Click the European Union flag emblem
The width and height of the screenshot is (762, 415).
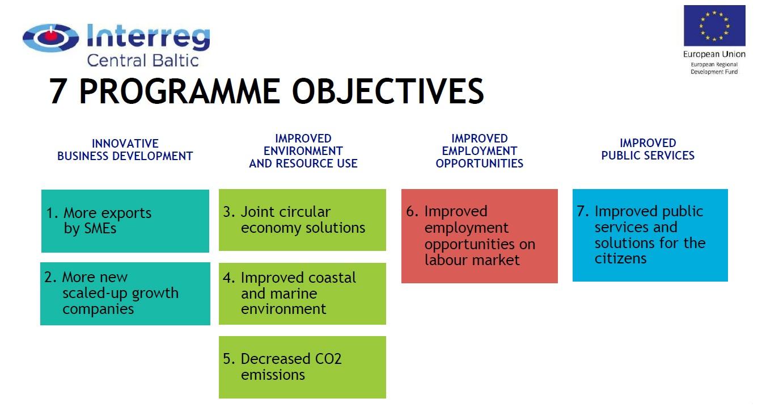pos(714,26)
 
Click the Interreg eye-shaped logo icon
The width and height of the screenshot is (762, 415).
pos(51,38)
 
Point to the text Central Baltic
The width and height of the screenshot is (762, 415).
pos(142,61)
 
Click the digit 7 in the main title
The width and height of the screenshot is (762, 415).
pos(57,91)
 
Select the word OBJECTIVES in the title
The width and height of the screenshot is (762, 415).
pos(387,91)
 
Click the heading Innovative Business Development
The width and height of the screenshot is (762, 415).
pos(125,150)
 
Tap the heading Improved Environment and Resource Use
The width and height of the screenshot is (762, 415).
pos(303,151)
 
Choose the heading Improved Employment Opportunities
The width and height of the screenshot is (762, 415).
pos(479,151)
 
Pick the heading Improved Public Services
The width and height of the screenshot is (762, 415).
pos(647,149)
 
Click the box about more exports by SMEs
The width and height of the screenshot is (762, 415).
pos(125,221)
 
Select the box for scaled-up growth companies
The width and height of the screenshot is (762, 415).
pos(125,294)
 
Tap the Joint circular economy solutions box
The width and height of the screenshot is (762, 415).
pos(302,220)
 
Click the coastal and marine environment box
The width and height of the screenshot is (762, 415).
pos(302,294)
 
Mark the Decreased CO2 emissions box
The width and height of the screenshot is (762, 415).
pos(302,367)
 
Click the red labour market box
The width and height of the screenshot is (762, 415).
pos(480,236)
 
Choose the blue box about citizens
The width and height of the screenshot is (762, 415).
pos(650,235)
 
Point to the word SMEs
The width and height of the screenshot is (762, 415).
pos(90,229)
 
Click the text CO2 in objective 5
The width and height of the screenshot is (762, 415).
pos(328,359)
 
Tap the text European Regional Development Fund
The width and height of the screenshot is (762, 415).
pos(714,68)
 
